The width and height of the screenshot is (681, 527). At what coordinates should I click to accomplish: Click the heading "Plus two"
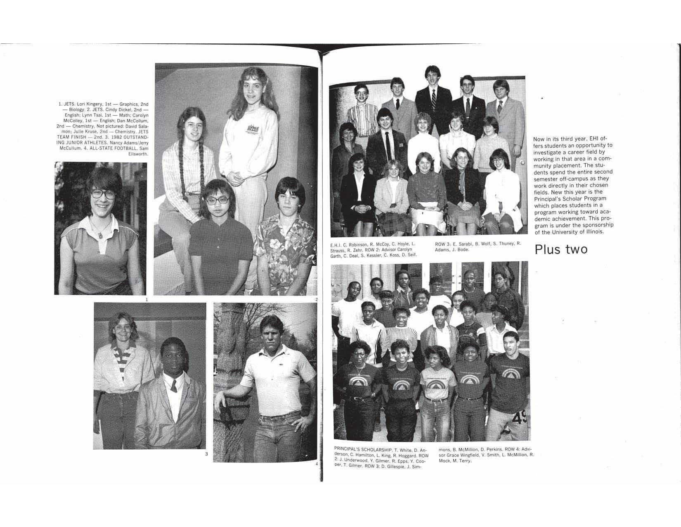(x=561, y=250)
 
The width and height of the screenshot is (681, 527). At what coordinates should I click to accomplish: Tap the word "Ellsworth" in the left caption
(x=138, y=154)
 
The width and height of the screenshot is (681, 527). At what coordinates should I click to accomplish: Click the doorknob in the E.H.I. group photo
(x=522, y=163)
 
